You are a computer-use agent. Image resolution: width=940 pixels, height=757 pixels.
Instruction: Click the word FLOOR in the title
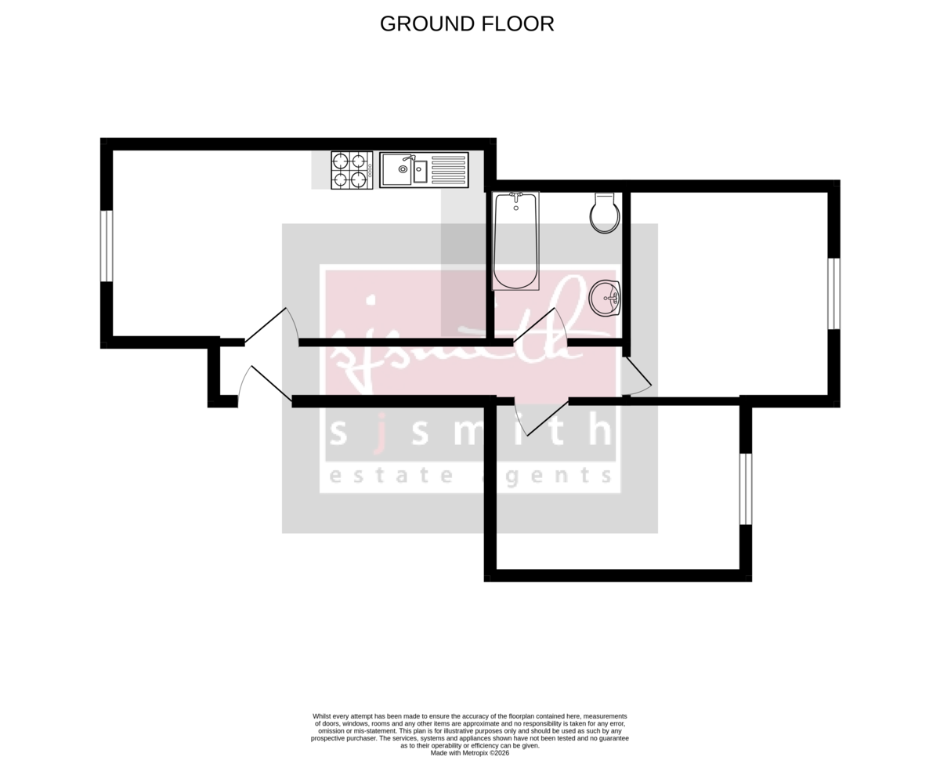point(519,24)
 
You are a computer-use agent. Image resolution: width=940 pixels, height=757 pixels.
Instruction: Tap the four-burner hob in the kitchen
point(351,170)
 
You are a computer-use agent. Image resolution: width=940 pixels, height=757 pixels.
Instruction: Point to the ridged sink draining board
point(448,170)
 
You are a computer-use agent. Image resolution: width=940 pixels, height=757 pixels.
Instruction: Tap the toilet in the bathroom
point(604,213)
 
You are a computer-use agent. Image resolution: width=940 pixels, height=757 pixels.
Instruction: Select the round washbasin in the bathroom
point(605,298)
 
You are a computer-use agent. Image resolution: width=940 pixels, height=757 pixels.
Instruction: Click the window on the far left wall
point(107,246)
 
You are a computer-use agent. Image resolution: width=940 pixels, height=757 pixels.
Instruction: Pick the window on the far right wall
point(833,293)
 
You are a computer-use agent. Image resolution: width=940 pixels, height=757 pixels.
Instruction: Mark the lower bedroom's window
point(746,488)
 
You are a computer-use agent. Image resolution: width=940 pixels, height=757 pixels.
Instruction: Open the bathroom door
point(539,325)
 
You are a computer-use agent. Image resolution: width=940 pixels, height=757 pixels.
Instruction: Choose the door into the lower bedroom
point(545,418)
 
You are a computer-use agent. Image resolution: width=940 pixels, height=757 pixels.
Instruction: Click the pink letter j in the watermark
point(380,433)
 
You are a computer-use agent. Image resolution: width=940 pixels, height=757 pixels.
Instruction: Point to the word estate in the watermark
point(389,475)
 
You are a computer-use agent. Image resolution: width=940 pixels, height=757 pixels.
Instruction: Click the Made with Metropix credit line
point(469,752)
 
